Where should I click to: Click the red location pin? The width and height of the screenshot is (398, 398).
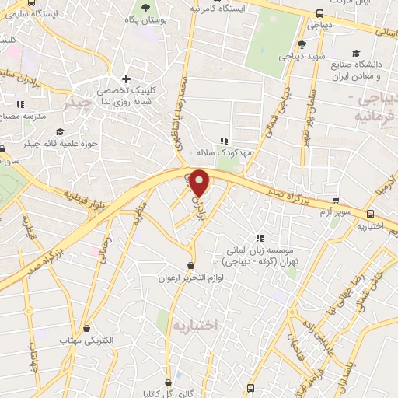(x=200, y=183)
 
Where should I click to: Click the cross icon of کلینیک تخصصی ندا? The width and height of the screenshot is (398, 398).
(x=126, y=79)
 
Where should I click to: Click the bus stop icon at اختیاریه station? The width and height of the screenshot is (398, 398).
(x=370, y=213)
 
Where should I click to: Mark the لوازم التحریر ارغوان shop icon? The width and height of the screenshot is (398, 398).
(x=191, y=265)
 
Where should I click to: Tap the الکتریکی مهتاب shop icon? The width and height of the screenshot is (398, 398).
(x=86, y=329)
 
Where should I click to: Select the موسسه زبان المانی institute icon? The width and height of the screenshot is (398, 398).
(x=260, y=239)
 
